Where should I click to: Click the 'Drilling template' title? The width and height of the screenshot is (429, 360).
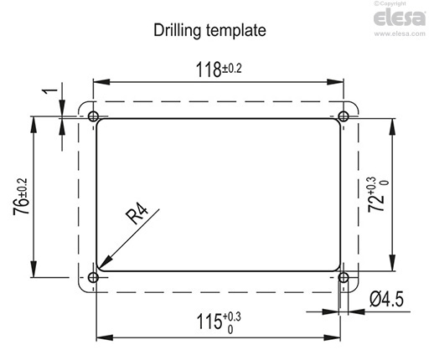[209, 30]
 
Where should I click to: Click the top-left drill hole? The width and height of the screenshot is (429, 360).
[92, 115]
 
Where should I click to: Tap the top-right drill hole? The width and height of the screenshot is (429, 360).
[344, 115]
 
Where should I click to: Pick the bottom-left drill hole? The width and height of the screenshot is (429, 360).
[92, 277]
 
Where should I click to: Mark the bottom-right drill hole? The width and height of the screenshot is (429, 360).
[344, 277]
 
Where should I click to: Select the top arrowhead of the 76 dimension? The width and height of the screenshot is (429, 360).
[34, 120]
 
